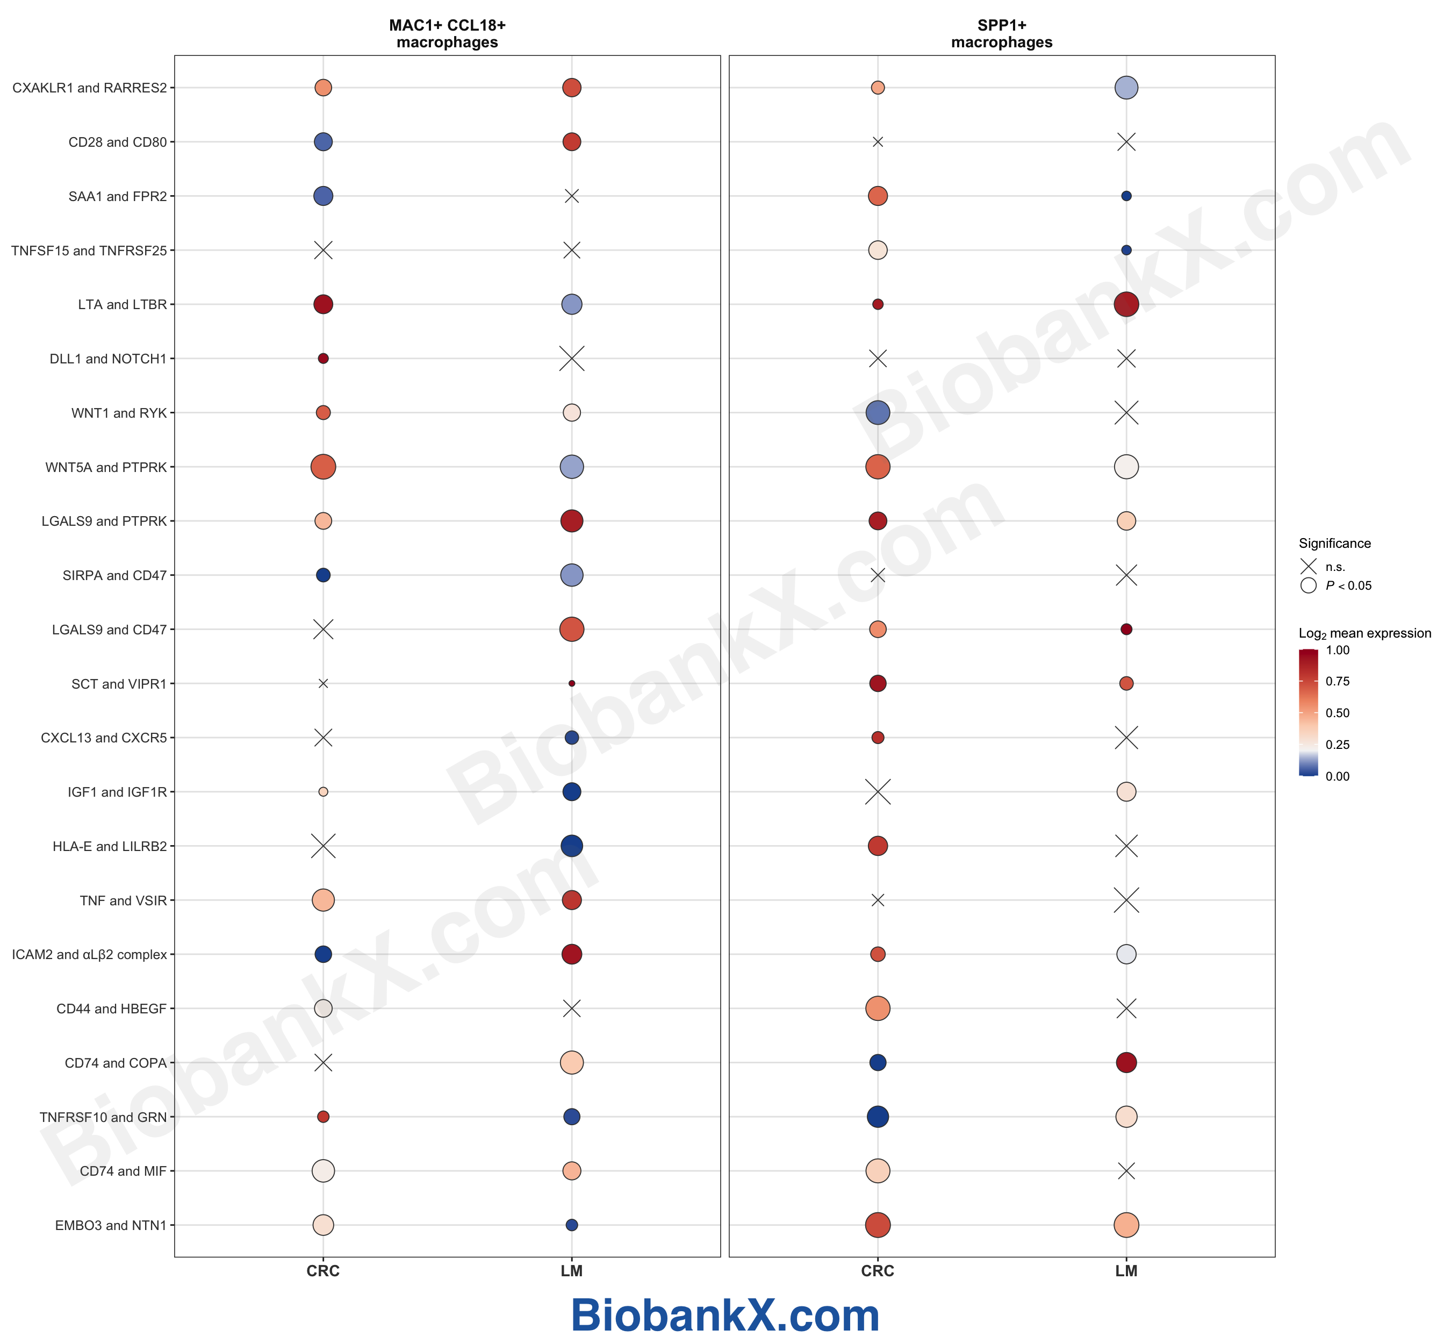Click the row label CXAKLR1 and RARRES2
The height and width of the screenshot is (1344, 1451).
[x=89, y=88]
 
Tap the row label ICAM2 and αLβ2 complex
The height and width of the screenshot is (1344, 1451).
[x=89, y=954]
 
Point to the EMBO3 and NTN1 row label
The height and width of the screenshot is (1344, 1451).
[x=111, y=1225]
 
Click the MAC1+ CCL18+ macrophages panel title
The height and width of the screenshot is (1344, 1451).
[x=447, y=33]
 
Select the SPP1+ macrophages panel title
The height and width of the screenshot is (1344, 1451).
[x=1001, y=33]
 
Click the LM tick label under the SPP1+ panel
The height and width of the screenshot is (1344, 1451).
[x=1125, y=1271]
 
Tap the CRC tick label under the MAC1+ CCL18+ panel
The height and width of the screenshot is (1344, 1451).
[x=323, y=1271]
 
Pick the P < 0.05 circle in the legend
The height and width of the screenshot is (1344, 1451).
[x=1308, y=585]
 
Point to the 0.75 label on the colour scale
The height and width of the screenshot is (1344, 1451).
[x=1337, y=682]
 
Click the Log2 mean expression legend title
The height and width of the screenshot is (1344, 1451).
[x=1364, y=633]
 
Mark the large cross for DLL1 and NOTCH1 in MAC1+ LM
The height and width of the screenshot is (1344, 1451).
[x=571, y=359]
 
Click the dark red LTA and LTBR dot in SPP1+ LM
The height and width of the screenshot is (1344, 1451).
[x=1125, y=304]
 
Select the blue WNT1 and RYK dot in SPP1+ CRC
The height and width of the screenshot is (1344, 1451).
[x=878, y=413]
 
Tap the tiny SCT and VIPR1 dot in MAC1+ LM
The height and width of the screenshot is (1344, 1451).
[x=571, y=684]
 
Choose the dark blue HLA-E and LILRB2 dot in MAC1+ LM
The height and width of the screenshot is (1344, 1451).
[x=571, y=846]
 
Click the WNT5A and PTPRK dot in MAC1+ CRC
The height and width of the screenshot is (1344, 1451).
[x=323, y=467]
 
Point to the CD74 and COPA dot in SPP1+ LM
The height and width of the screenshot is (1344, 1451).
[x=1125, y=1062]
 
